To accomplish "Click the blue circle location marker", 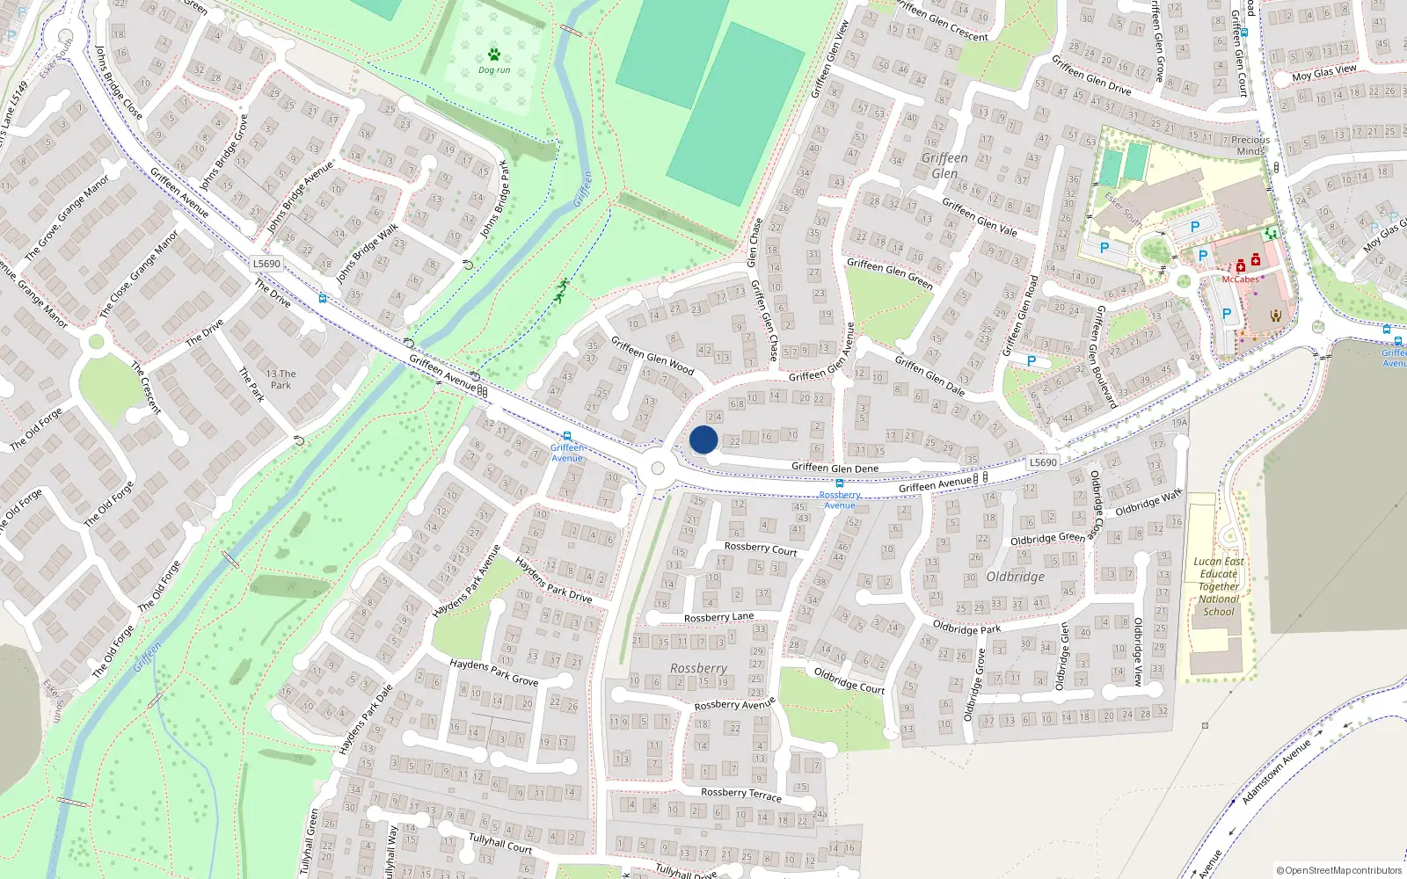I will point(703,439).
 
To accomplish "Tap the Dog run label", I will point(494,70).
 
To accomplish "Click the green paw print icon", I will point(494,54).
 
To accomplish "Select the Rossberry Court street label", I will point(761,548).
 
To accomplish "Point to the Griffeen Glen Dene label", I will point(835,468).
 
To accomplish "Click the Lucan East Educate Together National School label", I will point(1219,586).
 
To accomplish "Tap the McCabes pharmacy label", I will point(1240,280).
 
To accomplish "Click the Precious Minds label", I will point(1250,145).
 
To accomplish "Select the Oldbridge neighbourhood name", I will point(1016,577).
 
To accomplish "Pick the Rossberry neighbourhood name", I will point(698,668).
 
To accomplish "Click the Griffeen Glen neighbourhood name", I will point(944,165).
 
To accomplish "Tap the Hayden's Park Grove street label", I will point(493,672).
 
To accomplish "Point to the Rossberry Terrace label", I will point(741,794).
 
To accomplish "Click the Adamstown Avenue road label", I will point(1276,772).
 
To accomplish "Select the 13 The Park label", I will point(281,379).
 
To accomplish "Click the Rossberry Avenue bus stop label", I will point(840,499).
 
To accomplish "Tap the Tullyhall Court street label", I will point(500,843).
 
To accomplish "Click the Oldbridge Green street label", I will point(1047,538).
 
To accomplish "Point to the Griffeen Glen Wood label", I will point(652,356).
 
